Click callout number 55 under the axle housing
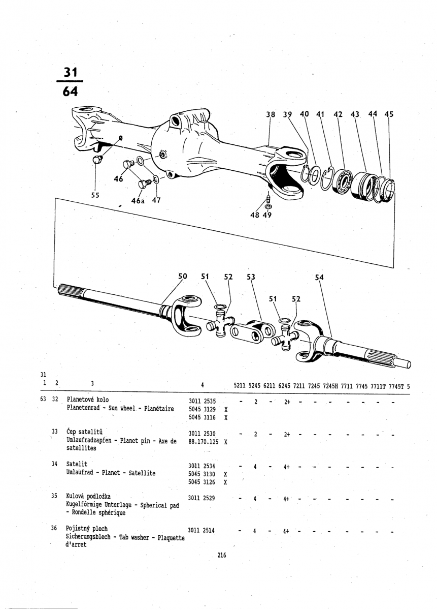[95, 195]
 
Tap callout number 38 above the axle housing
[271, 115]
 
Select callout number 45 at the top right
[389, 115]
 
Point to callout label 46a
[138, 201]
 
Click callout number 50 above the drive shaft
[183, 277]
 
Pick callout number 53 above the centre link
[250, 277]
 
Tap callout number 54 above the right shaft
[319, 278]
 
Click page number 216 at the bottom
[221, 556]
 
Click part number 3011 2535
[202, 401]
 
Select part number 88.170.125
[203, 442]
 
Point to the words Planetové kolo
[88, 400]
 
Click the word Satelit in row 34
[77, 464]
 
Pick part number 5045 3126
[202, 482]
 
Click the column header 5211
[241, 386]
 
